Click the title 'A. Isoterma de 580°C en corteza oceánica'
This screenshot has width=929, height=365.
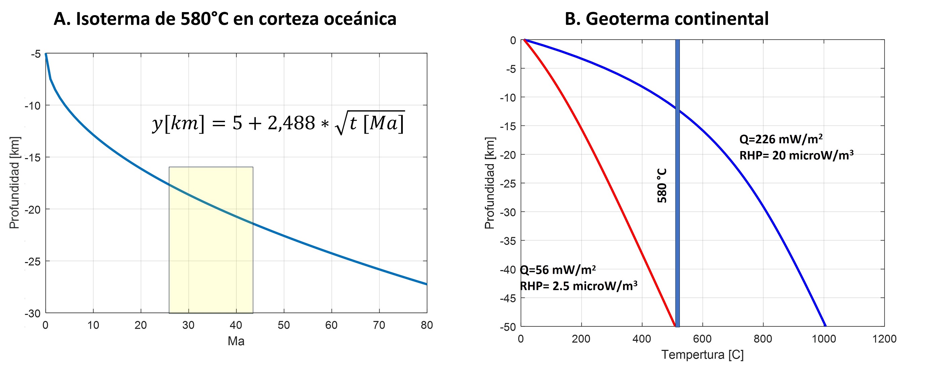[x=225, y=19]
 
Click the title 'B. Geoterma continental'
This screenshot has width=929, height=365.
[x=666, y=19]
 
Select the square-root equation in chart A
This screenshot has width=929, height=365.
[x=278, y=123]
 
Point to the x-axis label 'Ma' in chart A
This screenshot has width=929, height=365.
[x=236, y=341]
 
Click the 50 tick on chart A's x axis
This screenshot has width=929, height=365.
[x=283, y=325]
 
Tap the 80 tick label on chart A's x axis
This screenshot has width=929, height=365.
[x=427, y=325]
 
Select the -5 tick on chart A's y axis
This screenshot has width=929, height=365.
[x=36, y=54]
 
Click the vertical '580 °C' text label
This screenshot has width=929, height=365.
[x=662, y=186]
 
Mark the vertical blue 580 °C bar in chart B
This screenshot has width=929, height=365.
[x=677, y=234]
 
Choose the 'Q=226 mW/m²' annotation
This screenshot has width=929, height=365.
[x=781, y=139]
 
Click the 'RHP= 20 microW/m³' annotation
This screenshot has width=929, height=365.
[x=796, y=155]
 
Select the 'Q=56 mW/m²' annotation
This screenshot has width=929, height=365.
[x=558, y=270]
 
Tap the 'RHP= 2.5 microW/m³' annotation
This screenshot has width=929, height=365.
[x=578, y=286]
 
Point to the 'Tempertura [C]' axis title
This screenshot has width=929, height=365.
[x=702, y=355]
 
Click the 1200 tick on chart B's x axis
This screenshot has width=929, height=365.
[x=884, y=339]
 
